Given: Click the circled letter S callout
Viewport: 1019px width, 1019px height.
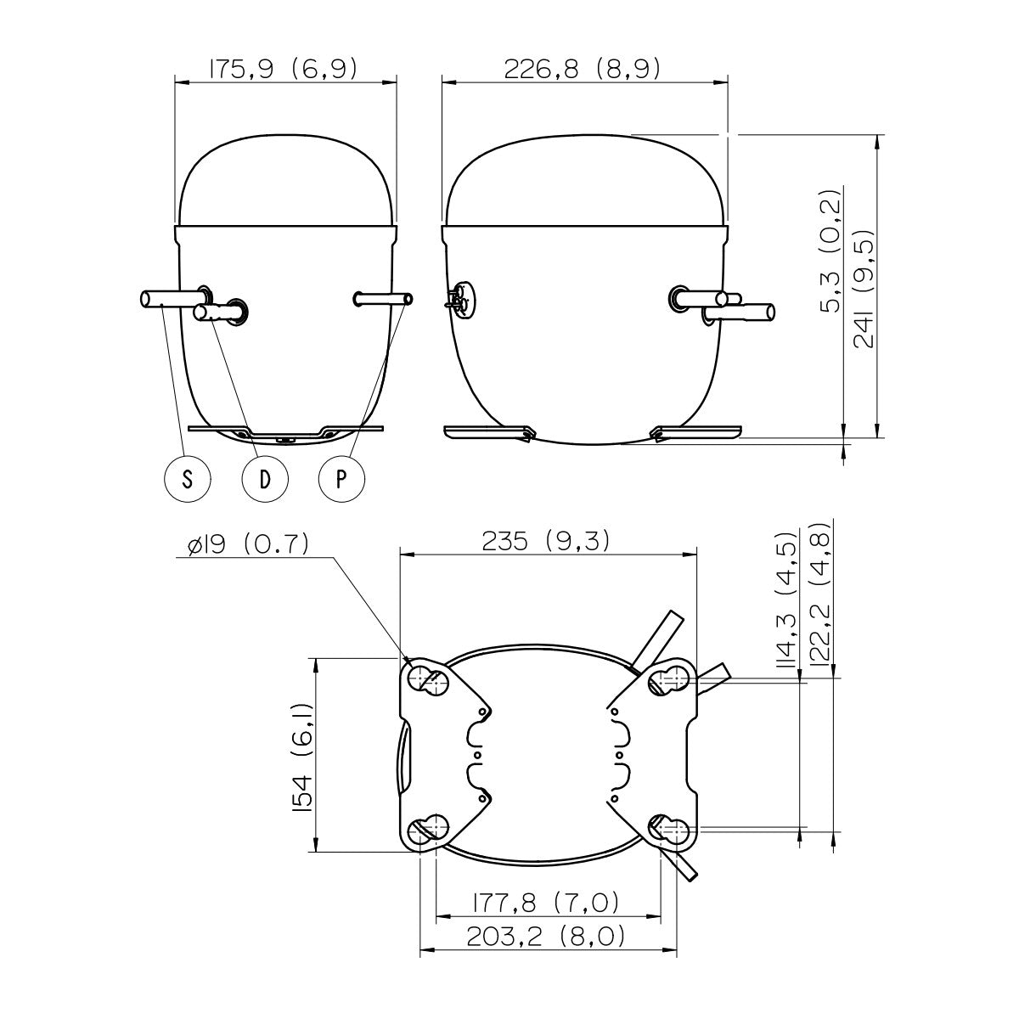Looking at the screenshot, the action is click(x=187, y=479).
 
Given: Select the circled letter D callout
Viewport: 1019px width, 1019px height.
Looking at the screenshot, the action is click(x=265, y=479).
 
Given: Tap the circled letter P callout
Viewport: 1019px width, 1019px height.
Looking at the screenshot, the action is click(x=341, y=479).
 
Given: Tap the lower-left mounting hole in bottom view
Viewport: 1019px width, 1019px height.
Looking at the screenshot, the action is click(x=430, y=828).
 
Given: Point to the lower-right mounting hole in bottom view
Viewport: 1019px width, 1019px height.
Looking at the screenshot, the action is click(x=667, y=829).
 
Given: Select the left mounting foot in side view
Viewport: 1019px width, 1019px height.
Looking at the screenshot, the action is click(x=487, y=431).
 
